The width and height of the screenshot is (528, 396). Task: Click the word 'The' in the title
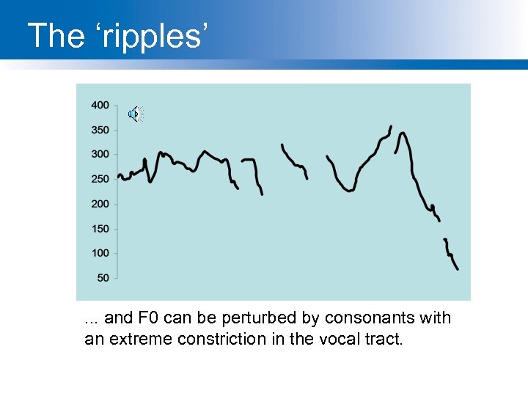click(x=56, y=36)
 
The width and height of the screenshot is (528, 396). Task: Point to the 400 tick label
click(x=100, y=105)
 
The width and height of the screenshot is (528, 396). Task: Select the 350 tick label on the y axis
click(x=100, y=130)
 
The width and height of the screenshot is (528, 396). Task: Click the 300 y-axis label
click(x=100, y=154)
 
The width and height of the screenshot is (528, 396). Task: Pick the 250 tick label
click(x=100, y=179)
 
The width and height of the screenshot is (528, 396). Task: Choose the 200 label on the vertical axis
click(x=100, y=204)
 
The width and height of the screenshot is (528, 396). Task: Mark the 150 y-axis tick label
click(x=100, y=229)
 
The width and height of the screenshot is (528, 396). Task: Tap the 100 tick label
click(x=100, y=253)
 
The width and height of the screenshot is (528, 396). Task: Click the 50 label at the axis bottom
click(x=103, y=278)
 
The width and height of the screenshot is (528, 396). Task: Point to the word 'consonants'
click(x=371, y=318)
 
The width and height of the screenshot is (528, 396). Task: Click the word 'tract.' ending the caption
click(x=387, y=339)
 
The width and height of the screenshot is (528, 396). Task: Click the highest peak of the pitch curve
click(x=390, y=127)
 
